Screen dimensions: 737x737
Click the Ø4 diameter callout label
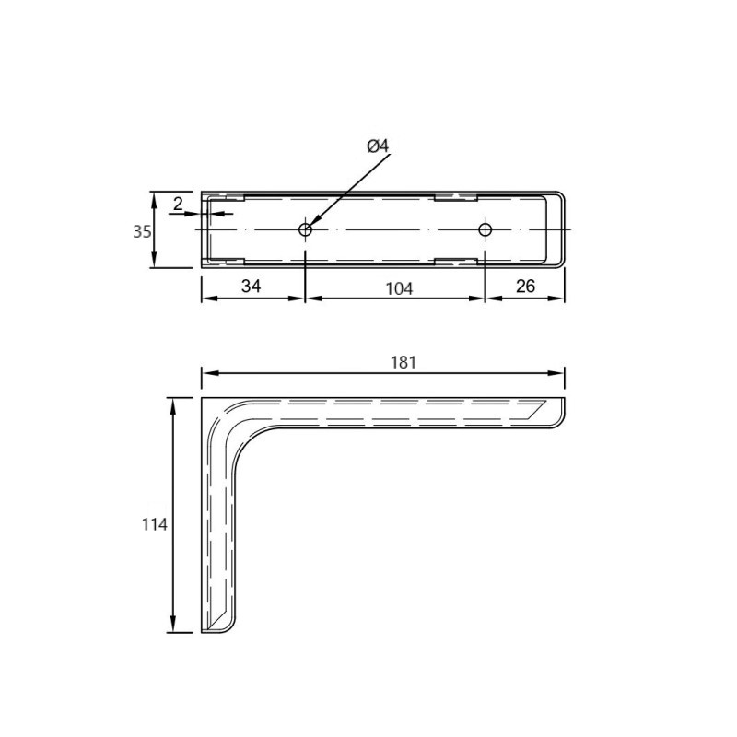click(378, 146)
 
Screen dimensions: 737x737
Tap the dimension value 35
click(142, 232)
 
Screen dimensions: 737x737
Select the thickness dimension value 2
click(178, 204)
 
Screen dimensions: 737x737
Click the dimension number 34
click(251, 286)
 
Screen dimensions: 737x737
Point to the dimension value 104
click(399, 288)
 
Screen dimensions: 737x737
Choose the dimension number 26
click(525, 286)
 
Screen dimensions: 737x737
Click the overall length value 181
click(404, 362)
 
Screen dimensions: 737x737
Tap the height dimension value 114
click(155, 524)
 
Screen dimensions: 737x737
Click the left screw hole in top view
click(306, 229)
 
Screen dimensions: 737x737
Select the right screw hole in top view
click(485, 229)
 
